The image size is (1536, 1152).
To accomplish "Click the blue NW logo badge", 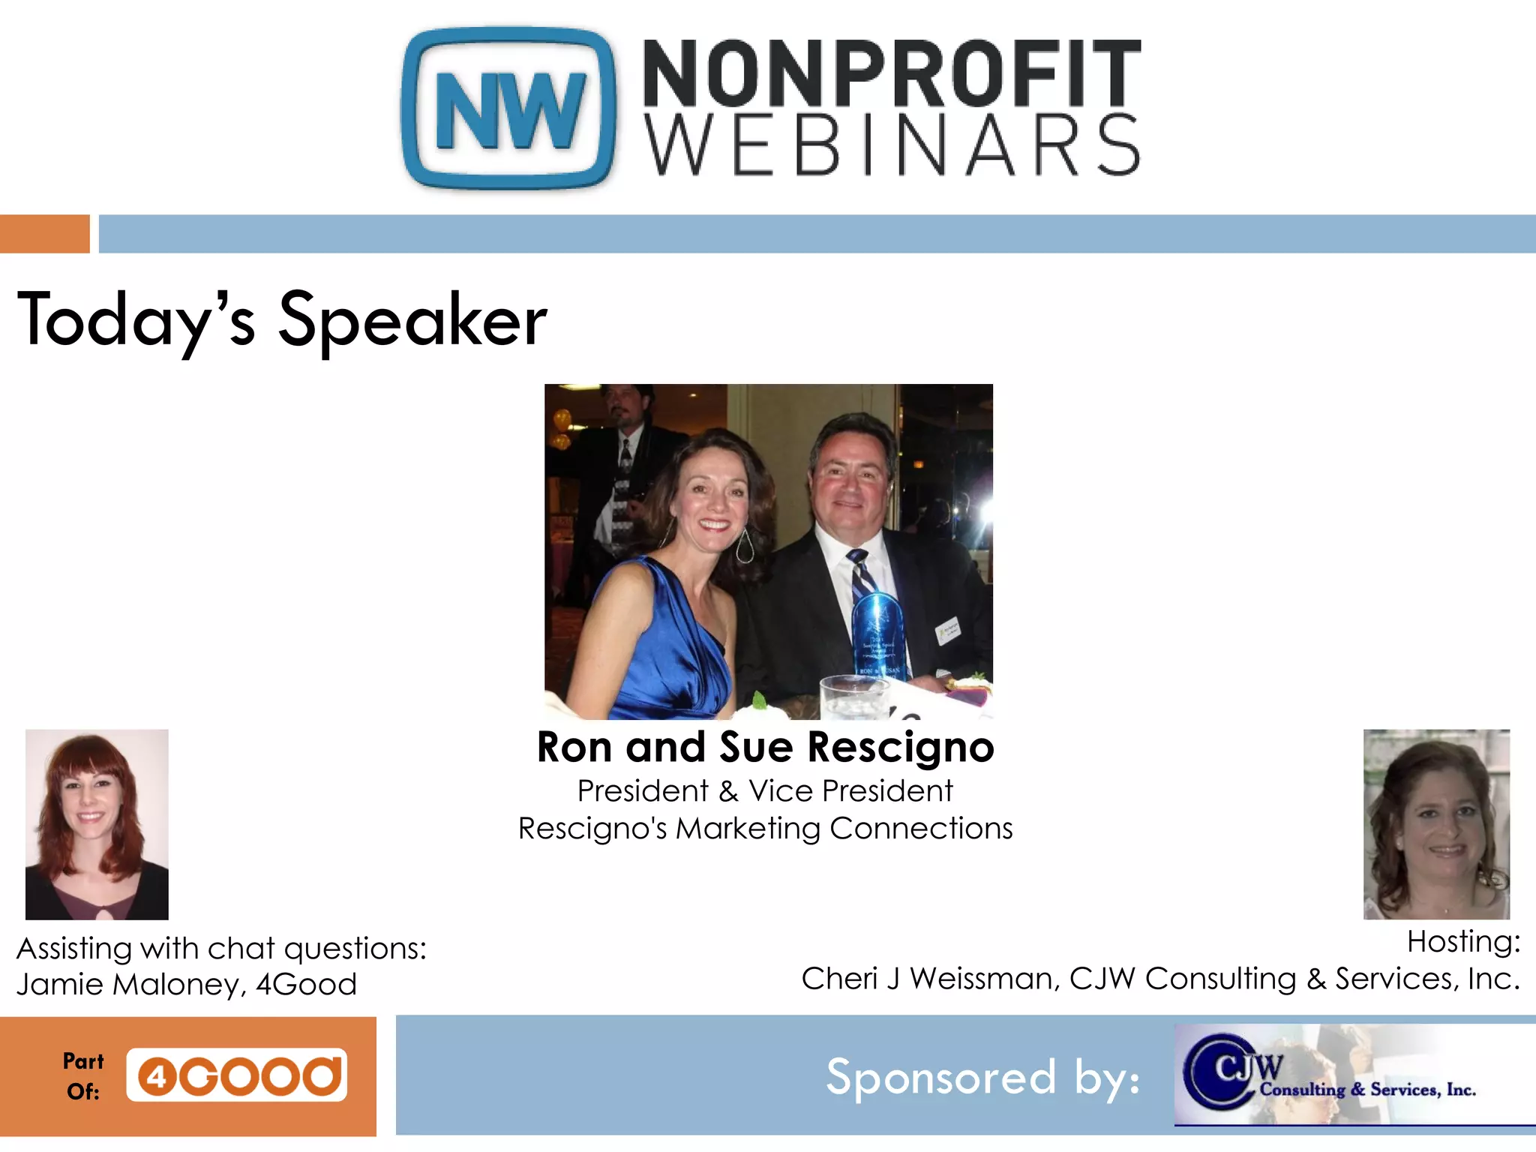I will click(509, 109).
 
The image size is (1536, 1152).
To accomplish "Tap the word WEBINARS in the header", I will click(891, 145).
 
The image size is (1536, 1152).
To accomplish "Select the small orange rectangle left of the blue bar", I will click(44, 233).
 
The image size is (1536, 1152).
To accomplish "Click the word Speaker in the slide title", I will click(412, 321).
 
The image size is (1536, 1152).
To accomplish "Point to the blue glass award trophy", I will click(877, 634).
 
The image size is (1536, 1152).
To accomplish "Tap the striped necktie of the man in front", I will click(862, 574).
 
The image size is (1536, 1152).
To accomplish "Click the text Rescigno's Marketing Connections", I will click(765, 829).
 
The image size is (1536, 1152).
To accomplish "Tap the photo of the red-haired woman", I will click(97, 824).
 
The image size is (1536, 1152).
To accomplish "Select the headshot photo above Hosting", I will click(1436, 824).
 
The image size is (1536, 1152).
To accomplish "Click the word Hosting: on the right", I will click(1463, 942).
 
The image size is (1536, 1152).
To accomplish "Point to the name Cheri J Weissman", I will click(930, 979).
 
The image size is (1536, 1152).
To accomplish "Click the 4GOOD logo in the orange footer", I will click(237, 1075).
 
